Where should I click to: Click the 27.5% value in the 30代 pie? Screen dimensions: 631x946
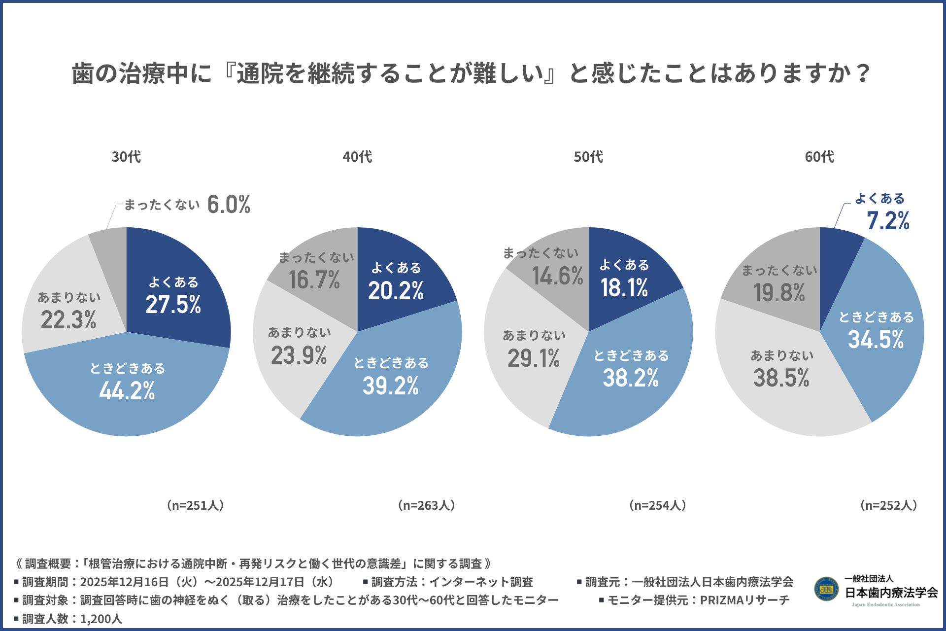pyautogui.click(x=173, y=305)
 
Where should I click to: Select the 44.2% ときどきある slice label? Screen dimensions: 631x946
pyautogui.click(x=127, y=391)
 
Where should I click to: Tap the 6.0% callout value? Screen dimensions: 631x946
pyautogui.click(x=229, y=205)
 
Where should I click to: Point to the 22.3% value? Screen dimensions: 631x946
pyautogui.click(x=68, y=320)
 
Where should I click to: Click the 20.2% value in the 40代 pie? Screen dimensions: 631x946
pyautogui.click(x=396, y=291)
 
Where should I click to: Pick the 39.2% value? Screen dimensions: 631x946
pyautogui.click(x=391, y=386)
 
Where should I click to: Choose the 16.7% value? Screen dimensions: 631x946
pyautogui.click(x=314, y=280)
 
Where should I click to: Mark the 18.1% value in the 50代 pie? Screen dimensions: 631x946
pyautogui.click(x=624, y=288)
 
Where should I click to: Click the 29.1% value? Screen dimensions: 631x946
pyautogui.click(x=534, y=358)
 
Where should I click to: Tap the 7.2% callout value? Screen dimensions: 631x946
pyautogui.click(x=888, y=221)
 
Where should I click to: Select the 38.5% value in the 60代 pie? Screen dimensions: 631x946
pyautogui.click(x=781, y=378)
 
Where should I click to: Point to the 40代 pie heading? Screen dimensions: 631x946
pyautogui.click(x=357, y=157)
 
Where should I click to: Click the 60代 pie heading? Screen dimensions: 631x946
pyautogui.click(x=819, y=157)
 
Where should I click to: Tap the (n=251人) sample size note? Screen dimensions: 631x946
pyautogui.click(x=195, y=505)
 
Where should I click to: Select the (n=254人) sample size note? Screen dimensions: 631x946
pyautogui.click(x=658, y=505)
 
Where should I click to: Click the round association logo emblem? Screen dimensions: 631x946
pyautogui.click(x=826, y=589)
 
